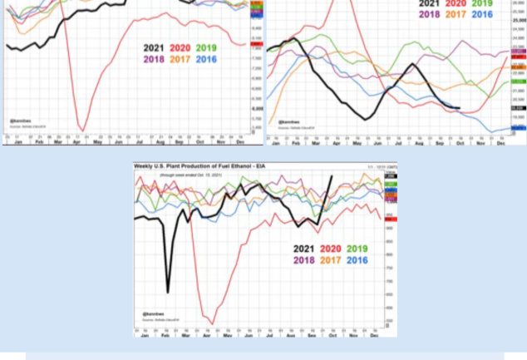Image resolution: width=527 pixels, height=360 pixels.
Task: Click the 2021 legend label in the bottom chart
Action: click(x=303, y=249)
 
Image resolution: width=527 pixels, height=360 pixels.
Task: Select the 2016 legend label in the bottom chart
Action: click(x=357, y=260)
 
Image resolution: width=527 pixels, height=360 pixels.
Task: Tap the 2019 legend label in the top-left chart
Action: click(x=206, y=47)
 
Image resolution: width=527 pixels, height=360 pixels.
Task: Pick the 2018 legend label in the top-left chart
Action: click(x=154, y=59)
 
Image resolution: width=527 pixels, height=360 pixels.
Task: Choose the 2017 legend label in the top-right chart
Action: click(x=456, y=14)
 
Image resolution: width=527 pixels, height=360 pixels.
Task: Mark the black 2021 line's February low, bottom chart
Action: click(x=168, y=292)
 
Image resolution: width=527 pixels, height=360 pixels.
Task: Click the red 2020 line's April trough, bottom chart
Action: click(x=213, y=323)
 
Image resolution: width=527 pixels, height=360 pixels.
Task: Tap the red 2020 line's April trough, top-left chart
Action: click(x=82, y=131)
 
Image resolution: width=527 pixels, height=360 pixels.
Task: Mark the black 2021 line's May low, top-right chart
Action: click(x=366, y=120)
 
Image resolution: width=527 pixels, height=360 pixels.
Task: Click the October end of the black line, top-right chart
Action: click(x=460, y=108)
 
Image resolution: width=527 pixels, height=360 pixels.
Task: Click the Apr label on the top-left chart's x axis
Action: click(x=78, y=143)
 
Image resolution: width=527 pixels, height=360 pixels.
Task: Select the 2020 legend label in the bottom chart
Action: click(x=330, y=249)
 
